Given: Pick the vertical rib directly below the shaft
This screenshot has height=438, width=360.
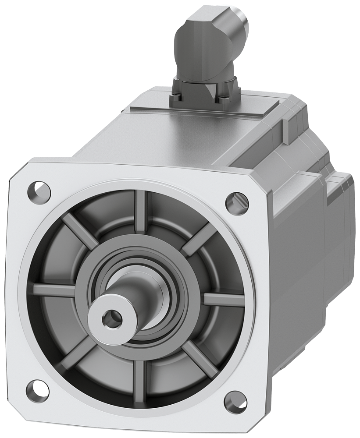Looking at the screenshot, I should (139, 376).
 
